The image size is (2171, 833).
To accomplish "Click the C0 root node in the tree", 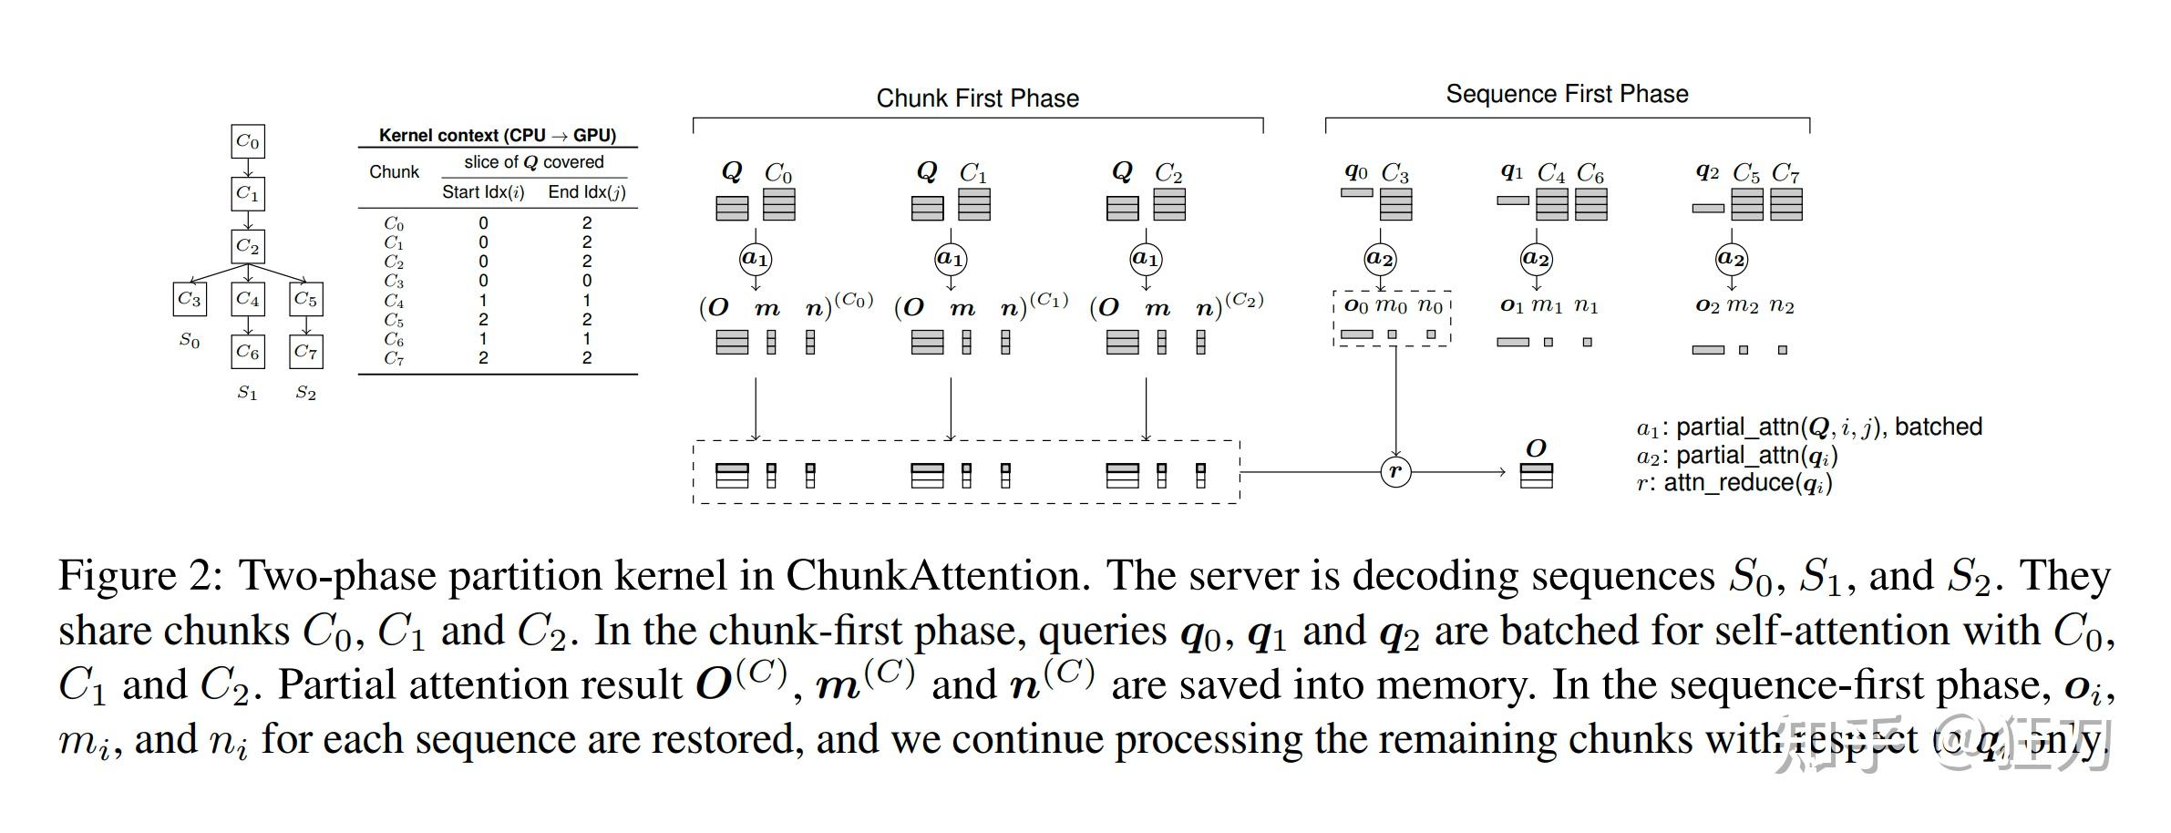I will [x=247, y=141].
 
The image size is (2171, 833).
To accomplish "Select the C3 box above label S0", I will [x=190, y=299].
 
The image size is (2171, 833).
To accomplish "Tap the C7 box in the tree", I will [x=305, y=352].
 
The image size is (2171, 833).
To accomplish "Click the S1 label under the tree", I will [x=247, y=393].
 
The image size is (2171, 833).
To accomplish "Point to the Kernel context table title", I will [x=498, y=136].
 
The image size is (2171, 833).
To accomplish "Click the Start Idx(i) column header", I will [x=483, y=192].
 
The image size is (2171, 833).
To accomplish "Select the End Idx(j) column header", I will [x=586, y=192].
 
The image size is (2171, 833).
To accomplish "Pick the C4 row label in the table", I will [x=394, y=301].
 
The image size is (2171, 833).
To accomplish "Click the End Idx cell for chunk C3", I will [x=586, y=282].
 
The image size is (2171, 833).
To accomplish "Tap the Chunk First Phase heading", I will [x=977, y=98].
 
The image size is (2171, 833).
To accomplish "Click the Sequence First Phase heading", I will [x=1567, y=94].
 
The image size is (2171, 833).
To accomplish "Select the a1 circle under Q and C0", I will [x=755, y=259].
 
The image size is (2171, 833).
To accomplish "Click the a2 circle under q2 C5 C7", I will [x=1731, y=259].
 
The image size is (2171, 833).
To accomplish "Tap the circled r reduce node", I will [x=1395, y=471].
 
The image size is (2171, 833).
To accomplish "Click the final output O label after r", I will [x=1536, y=448].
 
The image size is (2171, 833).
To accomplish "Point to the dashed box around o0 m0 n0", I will [x=1392, y=319].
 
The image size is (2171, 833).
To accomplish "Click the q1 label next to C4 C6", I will [x=1511, y=171].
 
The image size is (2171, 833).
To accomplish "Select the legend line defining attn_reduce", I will [x=1734, y=483].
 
